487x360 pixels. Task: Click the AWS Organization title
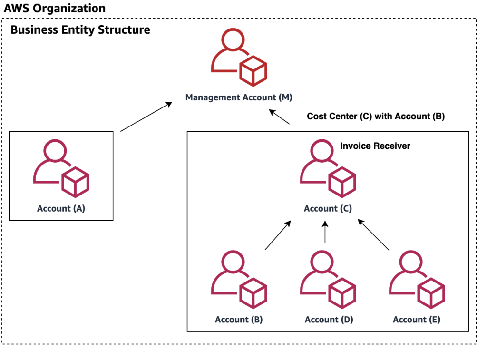55,9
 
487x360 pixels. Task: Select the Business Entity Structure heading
80,30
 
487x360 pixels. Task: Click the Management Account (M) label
239,97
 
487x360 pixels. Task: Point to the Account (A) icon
61,168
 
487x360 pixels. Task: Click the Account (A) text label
61,208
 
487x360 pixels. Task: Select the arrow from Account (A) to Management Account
146,116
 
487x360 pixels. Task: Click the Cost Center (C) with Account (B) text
376,116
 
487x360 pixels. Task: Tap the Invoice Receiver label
375,146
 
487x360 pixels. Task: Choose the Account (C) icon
328,168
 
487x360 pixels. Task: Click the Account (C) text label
328,208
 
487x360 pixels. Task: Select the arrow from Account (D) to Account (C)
325,232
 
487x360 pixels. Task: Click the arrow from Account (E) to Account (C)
373,235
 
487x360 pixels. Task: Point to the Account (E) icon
417,280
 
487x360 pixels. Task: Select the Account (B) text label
239,320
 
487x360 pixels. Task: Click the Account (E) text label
417,320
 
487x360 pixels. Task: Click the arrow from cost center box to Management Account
280,117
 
